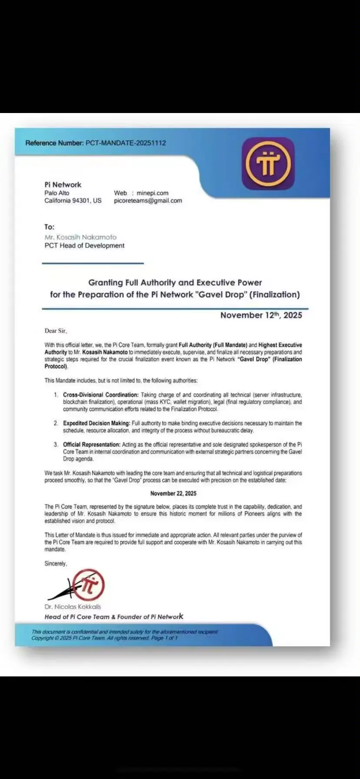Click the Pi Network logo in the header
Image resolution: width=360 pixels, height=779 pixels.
(268, 163)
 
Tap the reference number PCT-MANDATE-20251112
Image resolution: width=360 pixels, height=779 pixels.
(126, 143)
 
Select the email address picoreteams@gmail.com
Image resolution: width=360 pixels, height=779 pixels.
(148, 200)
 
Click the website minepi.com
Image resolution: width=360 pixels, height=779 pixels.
(152, 193)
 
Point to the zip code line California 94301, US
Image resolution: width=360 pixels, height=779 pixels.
(73, 200)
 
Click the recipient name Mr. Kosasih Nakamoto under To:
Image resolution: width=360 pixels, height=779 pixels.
(80, 237)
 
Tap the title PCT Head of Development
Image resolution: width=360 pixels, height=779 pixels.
(84, 246)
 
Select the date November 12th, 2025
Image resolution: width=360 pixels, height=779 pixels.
(261, 315)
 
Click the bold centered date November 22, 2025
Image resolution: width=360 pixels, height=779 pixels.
(173, 493)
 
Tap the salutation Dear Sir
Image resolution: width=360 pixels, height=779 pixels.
(56, 331)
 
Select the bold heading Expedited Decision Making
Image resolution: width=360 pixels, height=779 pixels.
(97, 423)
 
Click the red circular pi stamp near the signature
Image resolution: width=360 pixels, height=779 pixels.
(89, 585)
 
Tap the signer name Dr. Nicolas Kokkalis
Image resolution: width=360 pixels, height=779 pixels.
(73, 607)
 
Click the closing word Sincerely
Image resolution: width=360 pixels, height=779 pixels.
(56, 563)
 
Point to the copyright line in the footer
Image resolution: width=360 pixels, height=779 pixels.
(104, 638)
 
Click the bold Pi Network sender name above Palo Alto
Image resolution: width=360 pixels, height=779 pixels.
(63, 185)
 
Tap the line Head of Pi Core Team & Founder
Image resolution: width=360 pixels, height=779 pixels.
(114, 616)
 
